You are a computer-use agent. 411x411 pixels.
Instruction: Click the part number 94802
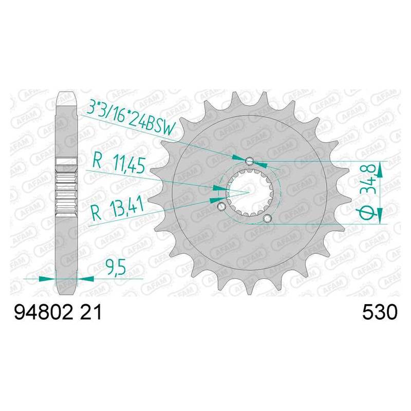(x=43, y=312)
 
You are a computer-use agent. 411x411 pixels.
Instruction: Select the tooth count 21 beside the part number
(x=91, y=312)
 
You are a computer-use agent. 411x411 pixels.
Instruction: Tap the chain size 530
(x=380, y=312)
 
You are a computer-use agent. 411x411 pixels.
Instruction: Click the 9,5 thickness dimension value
(x=116, y=268)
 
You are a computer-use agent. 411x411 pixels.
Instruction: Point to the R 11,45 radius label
(x=119, y=164)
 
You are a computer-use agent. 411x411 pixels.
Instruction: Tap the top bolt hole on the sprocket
(x=249, y=161)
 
